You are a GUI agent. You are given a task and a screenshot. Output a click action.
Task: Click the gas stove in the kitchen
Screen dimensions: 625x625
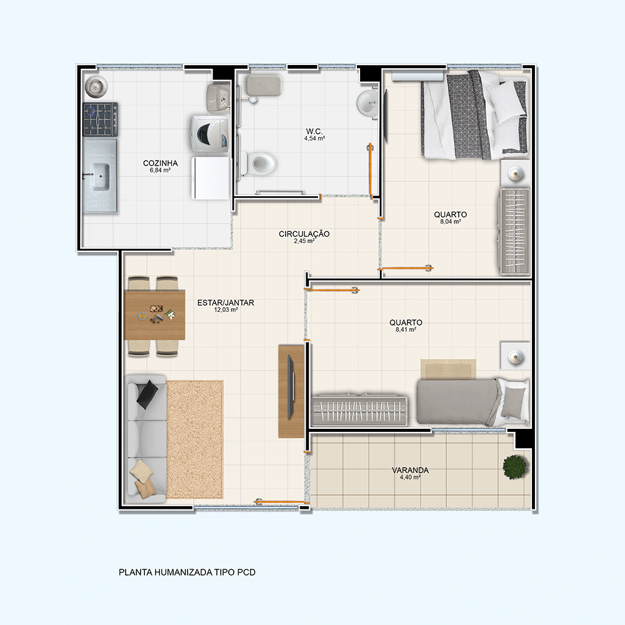coord(101,119)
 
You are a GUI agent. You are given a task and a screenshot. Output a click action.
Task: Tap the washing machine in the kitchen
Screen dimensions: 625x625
coord(209,134)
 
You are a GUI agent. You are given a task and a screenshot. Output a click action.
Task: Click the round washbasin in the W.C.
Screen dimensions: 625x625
coord(367,103)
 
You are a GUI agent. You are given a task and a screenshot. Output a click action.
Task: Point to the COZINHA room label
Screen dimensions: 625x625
coord(160,163)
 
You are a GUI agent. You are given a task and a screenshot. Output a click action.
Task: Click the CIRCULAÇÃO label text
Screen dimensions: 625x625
coord(304,234)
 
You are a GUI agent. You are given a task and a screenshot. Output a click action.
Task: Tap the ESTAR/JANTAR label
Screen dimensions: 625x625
coord(226,302)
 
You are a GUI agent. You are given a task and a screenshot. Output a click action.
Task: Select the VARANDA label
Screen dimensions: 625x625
coord(410,470)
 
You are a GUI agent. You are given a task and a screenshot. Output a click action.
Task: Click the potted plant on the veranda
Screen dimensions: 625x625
coord(515,467)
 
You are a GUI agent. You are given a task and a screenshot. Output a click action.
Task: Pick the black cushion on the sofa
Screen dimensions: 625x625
coord(147,394)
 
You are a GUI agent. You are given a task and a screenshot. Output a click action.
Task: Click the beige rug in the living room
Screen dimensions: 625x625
coord(194,439)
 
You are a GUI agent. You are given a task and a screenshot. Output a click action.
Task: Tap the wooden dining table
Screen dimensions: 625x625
coord(154,315)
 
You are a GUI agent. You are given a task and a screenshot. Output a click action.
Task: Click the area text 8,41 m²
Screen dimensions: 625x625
coord(406,329)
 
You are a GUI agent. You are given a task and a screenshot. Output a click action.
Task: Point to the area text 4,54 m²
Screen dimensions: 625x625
coord(314,138)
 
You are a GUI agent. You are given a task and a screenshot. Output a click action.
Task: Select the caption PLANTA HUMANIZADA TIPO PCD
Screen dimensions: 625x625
coord(187,572)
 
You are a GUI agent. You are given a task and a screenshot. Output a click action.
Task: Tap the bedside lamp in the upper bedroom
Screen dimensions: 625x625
coord(515,174)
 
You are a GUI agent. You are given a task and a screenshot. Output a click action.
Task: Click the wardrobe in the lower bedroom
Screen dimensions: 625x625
coord(360,411)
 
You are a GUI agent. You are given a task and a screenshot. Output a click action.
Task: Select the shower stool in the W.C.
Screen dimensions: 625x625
coord(264,85)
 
